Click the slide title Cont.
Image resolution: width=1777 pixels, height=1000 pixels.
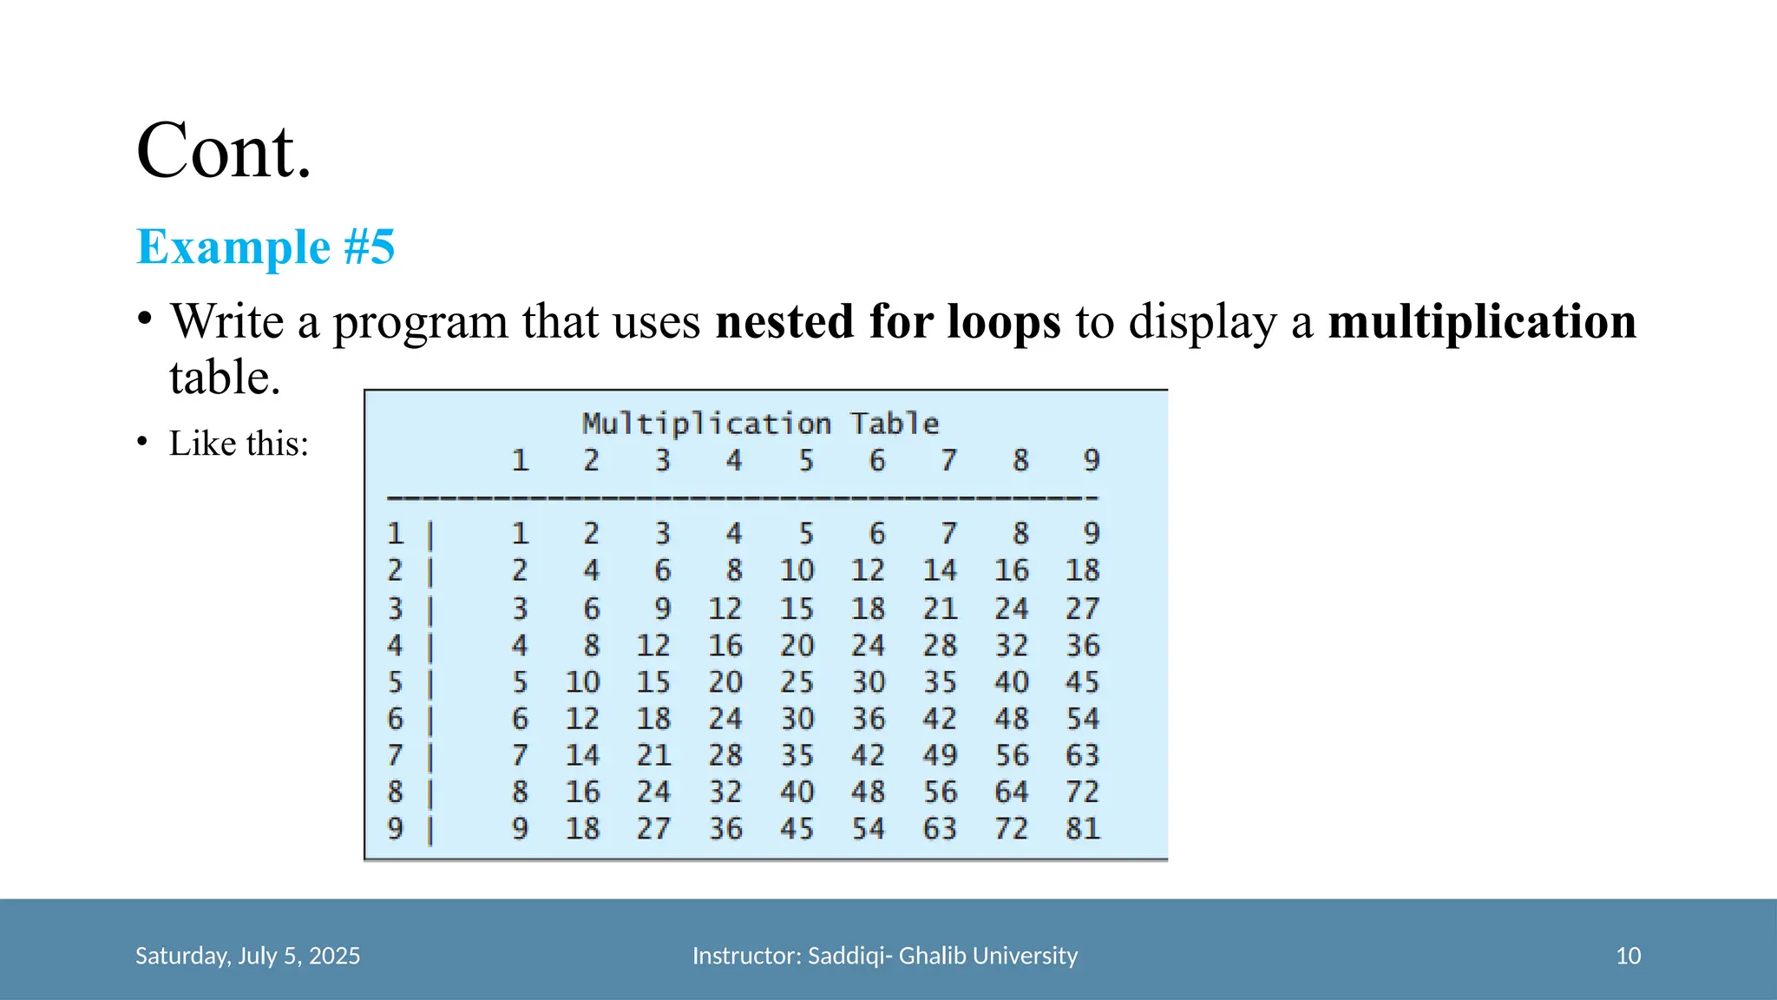tap(224, 151)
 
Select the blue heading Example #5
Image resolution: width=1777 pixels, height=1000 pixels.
tap(266, 247)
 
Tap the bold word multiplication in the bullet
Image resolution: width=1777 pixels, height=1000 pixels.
tap(1482, 321)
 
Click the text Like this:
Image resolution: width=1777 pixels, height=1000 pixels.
tap(239, 444)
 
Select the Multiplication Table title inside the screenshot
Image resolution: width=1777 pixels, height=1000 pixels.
tap(760, 424)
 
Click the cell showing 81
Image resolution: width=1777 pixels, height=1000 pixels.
tap(1083, 829)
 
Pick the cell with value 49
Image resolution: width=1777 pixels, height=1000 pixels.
tap(940, 755)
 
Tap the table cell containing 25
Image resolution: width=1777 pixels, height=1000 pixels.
tap(797, 682)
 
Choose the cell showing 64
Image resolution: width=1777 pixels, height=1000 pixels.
tap(1012, 792)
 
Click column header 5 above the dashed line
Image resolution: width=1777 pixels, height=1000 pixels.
tap(806, 460)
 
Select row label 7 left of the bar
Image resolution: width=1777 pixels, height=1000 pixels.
tap(395, 755)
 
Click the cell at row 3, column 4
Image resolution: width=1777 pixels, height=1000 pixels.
tap(725, 609)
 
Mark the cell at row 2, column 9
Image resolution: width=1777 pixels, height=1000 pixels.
tap(1083, 570)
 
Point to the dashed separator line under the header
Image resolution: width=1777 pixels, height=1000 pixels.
tap(743, 498)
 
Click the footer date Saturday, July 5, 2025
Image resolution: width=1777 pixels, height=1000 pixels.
tap(247, 956)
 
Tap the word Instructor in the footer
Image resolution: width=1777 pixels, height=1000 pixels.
tap(745, 956)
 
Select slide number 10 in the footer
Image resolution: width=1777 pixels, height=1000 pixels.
tap(1628, 956)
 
